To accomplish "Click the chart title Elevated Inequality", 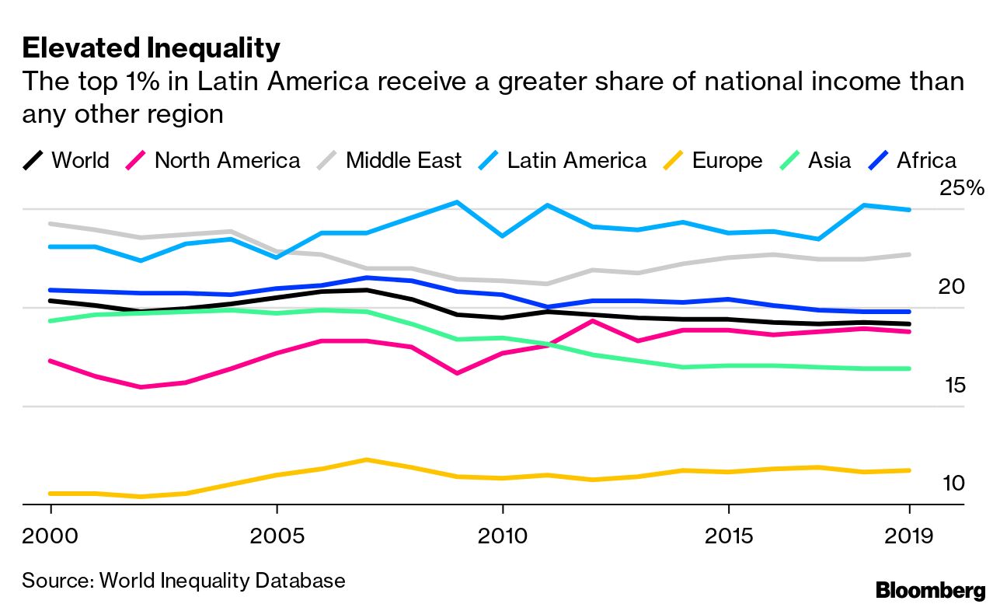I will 151,48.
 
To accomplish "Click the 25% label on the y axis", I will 962,189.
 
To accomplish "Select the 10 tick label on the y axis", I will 953,484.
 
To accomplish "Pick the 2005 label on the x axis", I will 277,536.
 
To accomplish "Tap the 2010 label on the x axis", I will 503,536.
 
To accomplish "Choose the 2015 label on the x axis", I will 728,536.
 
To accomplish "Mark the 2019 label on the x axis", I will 909,536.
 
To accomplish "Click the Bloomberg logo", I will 930,591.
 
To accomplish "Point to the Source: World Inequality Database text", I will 183,581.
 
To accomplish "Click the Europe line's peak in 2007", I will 367,459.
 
